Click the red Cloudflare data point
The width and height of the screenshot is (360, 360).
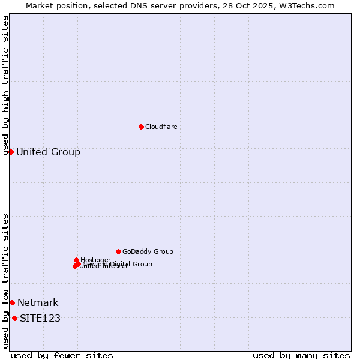[x=141, y=127]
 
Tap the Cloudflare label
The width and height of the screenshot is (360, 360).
[x=161, y=127]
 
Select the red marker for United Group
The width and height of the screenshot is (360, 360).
[x=11, y=152]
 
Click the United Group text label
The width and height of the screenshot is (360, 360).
[x=48, y=152]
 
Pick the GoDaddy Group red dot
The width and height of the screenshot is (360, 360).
[x=118, y=251]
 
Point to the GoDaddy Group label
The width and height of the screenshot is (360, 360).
[x=148, y=251]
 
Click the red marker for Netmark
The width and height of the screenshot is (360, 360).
[x=12, y=302]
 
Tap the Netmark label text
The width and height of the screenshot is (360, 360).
[x=38, y=302]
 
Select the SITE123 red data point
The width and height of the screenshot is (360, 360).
[x=14, y=318]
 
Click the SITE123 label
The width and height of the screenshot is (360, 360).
[x=40, y=318]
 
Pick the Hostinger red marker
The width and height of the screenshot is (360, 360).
[x=76, y=260]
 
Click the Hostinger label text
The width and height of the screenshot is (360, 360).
[x=96, y=259]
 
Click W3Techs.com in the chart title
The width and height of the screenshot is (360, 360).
[x=313, y=5]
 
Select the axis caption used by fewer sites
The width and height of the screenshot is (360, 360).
[x=62, y=355]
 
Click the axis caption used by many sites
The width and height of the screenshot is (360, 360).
[x=301, y=355]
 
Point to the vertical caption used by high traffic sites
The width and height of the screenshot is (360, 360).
[x=5, y=85]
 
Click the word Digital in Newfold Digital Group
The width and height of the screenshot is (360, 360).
[x=121, y=264]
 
